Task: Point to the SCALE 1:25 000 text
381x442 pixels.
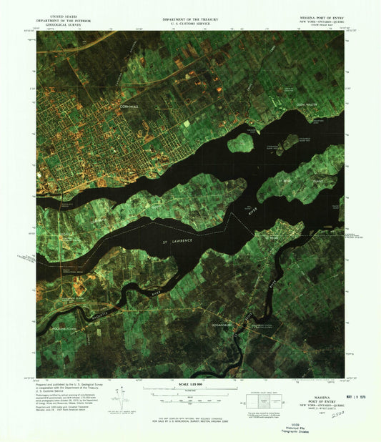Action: pos(190,386)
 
